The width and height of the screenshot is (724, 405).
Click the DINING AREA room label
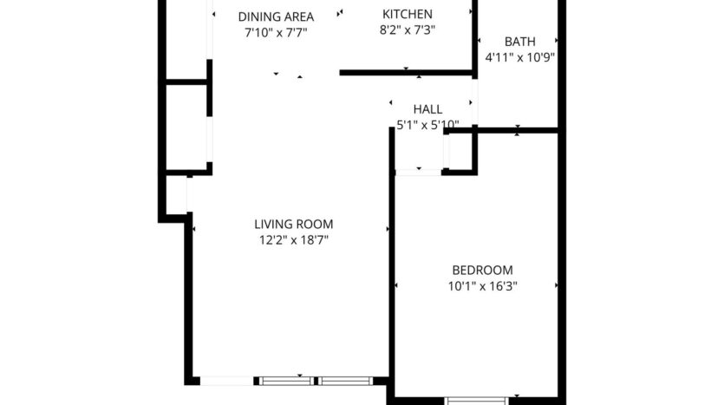pyautogui.click(x=276, y=16)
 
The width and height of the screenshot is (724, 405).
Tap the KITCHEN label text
pyautogui.click(x=408, y=14)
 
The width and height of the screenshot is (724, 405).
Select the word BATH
pyautogui.click(x=519, y=42)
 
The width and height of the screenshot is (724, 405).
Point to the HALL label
pyautogui.click(x=427, y=109)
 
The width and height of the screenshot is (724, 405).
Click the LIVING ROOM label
pyautogui.click(x=293, y=224)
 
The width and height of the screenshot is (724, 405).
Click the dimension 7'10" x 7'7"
pyautogui.click(x=276, y=32)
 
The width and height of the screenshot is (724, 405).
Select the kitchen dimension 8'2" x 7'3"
pyautogui.click(x=408, y=29)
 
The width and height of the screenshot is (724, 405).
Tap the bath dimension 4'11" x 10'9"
pyautogui.click(x=519, y=57)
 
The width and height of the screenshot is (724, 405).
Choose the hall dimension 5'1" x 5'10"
pyautogui.click(x=427, y=125)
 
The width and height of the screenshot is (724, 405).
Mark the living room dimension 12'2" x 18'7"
pyautogui.click(x=293, y=239)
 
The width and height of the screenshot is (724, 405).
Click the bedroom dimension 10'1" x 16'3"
pyautogui.click(x=482, y=285)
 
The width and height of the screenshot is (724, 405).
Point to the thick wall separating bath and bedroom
pyautogui.click(x=512, y=130)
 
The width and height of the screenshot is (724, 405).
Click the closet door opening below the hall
pyautogui.click(x=418, y=173)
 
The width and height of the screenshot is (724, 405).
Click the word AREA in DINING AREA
pyautogui.click(x=297, y=16)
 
